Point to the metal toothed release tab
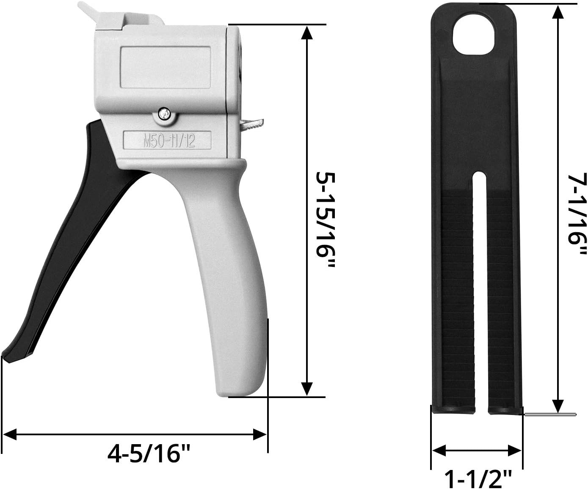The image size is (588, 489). [x=252, y=124]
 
